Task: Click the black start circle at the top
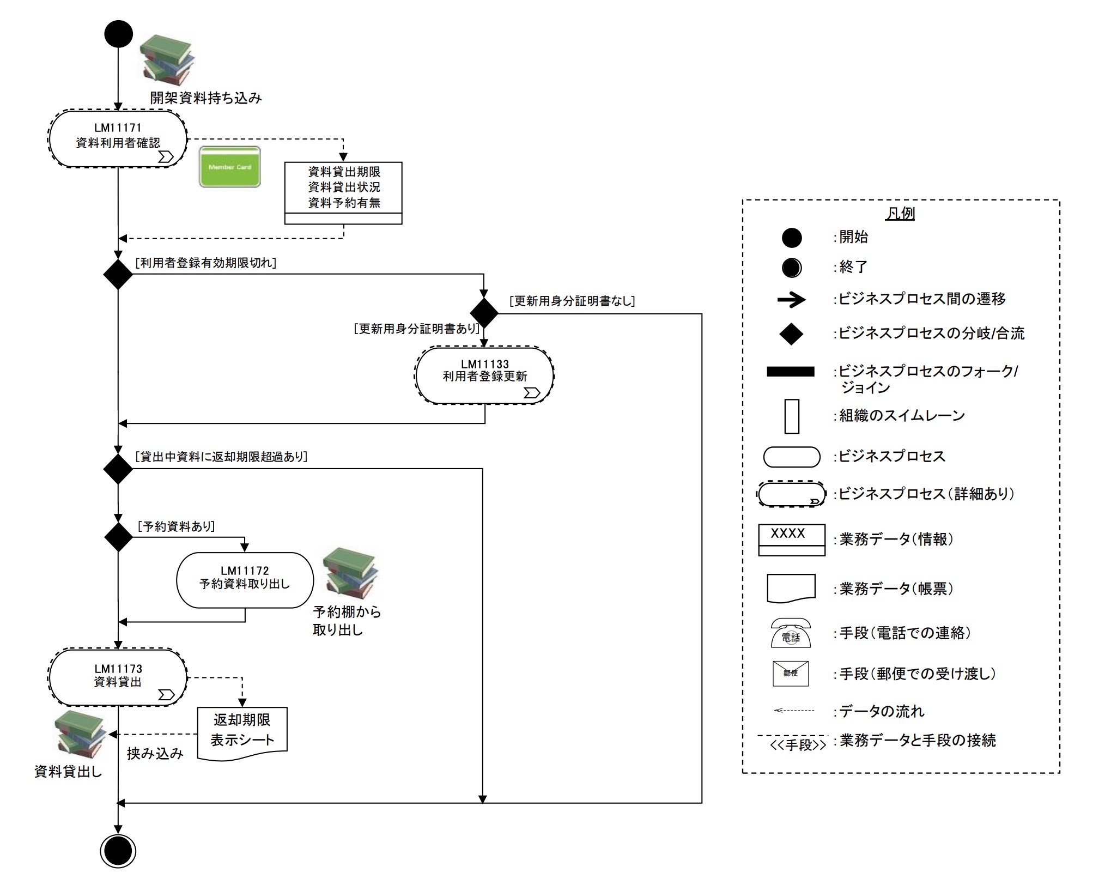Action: pos(118,34)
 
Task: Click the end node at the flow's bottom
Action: pos(118,851)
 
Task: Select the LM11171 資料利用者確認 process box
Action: pos(118,139)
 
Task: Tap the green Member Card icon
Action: pos(229,167)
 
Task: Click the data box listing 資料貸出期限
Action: pos(343,192)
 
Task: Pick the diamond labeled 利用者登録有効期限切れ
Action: pos(118,274)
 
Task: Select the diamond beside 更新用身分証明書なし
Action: pos(484,313)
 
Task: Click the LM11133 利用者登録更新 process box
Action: pos(484,375)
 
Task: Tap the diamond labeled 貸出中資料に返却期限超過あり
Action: pos(118,469)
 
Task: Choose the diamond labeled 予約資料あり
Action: pos(118,537)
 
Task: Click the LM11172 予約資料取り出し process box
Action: pos(245,580)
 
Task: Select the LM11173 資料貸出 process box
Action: pos(118,677)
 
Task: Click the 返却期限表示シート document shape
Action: pos(242,732)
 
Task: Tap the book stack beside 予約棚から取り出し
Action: pos(350,573)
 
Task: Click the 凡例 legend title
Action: pos(900,214)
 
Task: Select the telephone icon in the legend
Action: pos(791,633)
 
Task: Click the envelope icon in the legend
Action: pos(791,674)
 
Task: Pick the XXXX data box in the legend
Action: pos(791,540)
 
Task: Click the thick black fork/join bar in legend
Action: pos(790,372)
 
